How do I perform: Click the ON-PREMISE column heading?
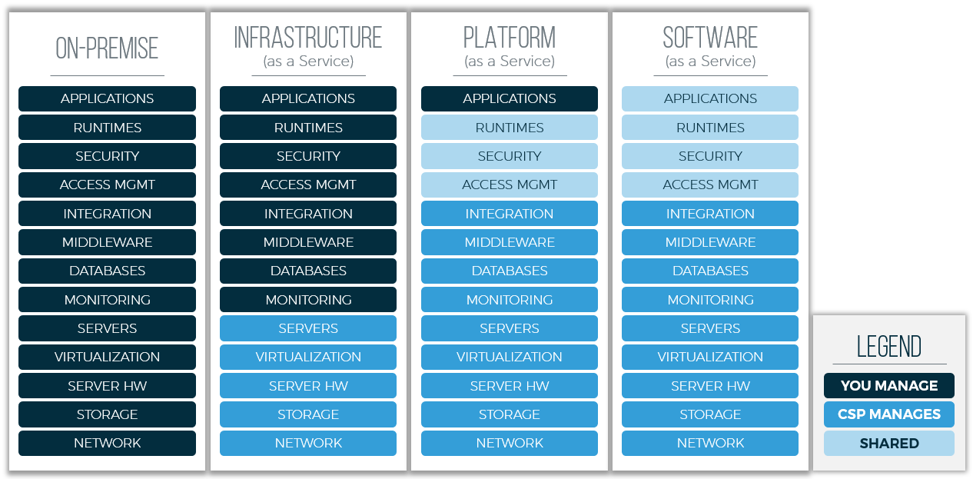pyautogui.click(x=107, y=48)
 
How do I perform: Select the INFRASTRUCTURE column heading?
pyautogui.click(x=308, y=38)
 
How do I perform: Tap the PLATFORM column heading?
pyautogui.click(x=510, y=38)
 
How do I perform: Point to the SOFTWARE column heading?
pyautogui.click(x=710, y=38)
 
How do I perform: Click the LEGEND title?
pyautogui.click(x=888, y=347)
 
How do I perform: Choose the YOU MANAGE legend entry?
pyautogui.click(x=888, y=385)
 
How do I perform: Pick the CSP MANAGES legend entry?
pyautogui.click(x=888, y=414)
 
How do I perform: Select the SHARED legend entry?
pyautogui.click(x=888, y=444)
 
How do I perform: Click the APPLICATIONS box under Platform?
pyautogui.click(x=510, y=98)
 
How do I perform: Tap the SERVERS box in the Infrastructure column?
pyautogui.click(x=308, y=328)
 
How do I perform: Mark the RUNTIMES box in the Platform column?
pyautogui.click(x=510, y=128)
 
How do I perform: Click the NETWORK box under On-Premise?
pyautogui.click(x=107, y=443)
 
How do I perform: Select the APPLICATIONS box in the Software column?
pyautogui.click(x=710, y=98)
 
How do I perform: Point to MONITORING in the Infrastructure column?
pyautogui.click(x=308, y=300)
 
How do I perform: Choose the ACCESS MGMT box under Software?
pyautogui.click(x=710, y=185)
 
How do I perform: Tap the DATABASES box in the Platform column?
pyautogui.click(x=510, y=271)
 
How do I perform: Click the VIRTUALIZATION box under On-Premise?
pyautogui.click(x=107, y=357)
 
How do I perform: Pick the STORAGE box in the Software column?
pyautogui.click(x=710, y=414)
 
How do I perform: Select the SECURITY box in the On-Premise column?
pyautogui.click(x=107, y=156)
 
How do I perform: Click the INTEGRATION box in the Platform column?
pyautogui.click(x=510, y=214)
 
